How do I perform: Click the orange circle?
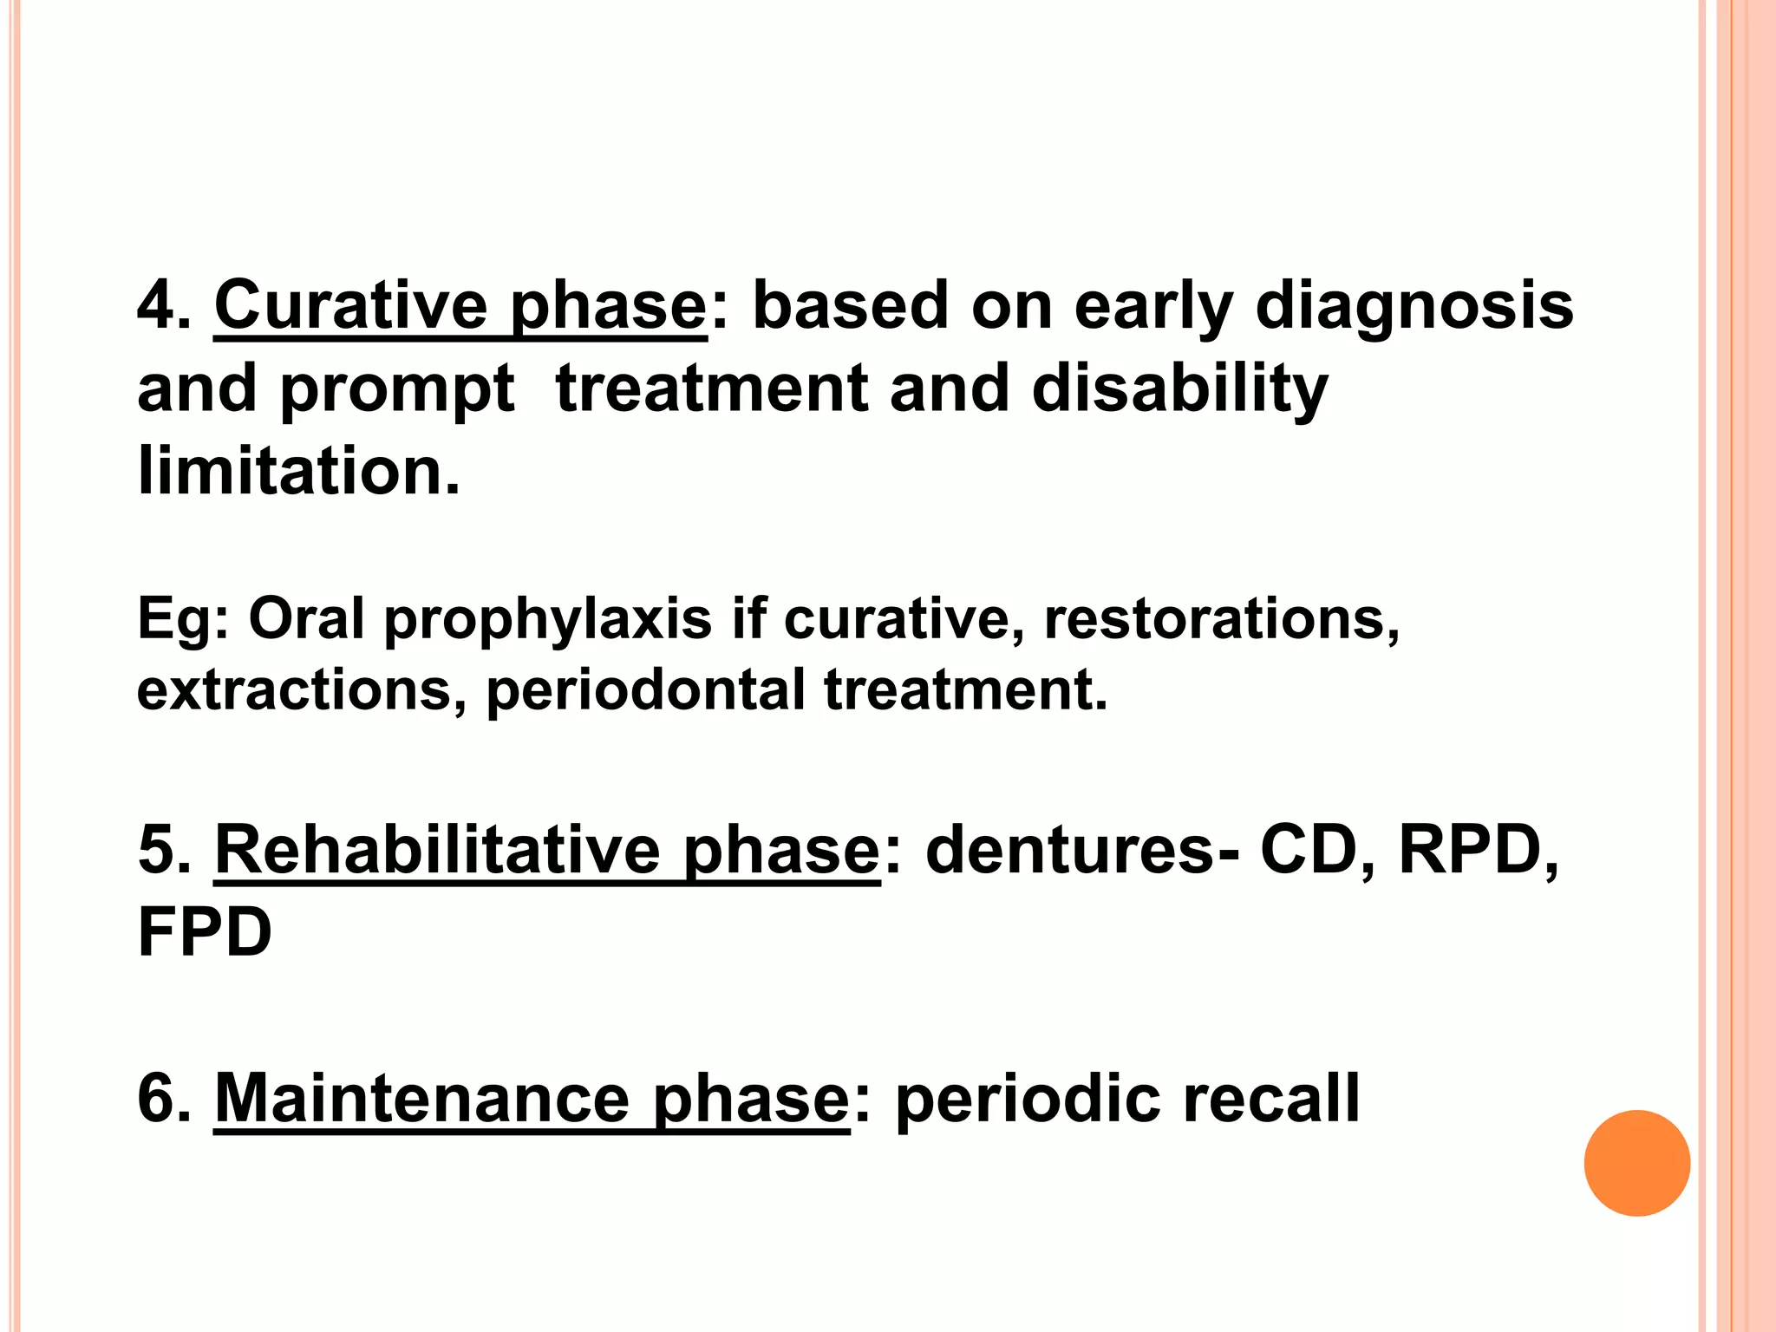tap(1636, 1163)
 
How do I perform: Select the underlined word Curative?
tap(350, 306)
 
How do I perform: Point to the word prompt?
tap(397, 390)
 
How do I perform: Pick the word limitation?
tap(297, 471)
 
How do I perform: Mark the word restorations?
tap(1221, 619)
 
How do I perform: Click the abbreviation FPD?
tap(205, 932)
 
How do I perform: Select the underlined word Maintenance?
tap(421, 1100)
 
